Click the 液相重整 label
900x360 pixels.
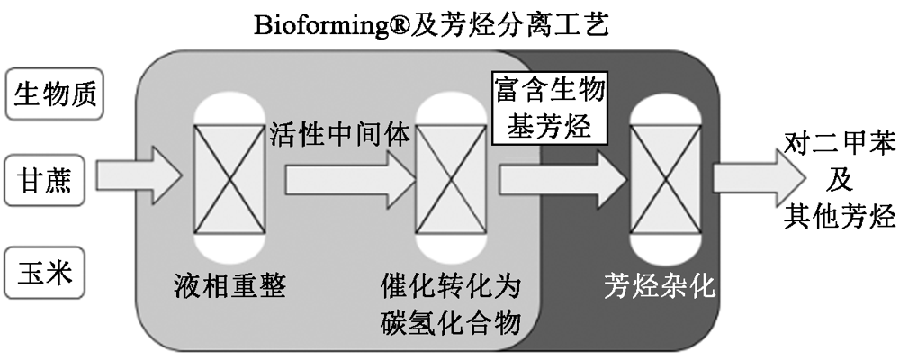tap(232, 287)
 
